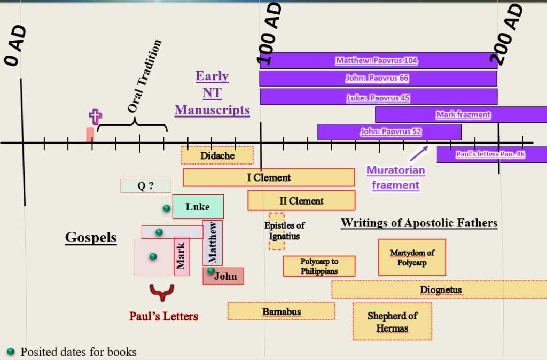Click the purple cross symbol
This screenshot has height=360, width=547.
pos(95,116)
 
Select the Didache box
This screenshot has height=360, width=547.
pos(217,155)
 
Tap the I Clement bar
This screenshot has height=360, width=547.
pos(269,177)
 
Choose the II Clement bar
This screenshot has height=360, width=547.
pos(301,201)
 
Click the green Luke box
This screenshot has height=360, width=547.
pos(198,207)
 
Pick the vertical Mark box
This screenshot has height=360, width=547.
pos(182,256)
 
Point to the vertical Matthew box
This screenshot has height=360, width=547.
pos(213,243)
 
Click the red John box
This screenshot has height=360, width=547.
pos(223,276)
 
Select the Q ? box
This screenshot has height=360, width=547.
pos(146,186)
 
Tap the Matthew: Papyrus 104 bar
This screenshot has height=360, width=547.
pos(379,61)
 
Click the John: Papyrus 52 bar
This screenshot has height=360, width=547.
pos(389,132)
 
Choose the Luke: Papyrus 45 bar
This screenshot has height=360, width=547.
pos(379,97)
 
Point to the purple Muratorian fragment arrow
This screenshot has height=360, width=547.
pos(419,153)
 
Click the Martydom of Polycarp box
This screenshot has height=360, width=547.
pos(412,257)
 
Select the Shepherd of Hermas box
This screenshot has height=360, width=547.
pos(392,322)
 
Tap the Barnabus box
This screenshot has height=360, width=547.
pos(281,311)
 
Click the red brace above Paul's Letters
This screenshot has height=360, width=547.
pos(161,292)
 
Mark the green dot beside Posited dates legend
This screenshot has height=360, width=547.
pos(11,351)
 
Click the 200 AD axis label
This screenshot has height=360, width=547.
pos(507,34)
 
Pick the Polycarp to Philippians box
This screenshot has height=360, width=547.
pos(319,266)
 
